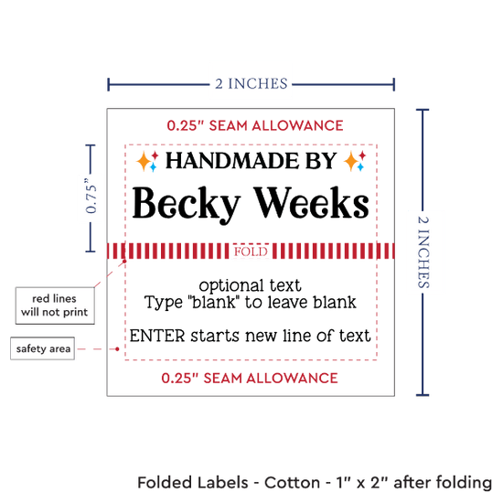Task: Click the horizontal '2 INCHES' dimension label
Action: coord(251,84)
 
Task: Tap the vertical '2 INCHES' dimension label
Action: coord(423,251)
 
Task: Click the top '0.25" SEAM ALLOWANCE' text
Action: coord(255,125)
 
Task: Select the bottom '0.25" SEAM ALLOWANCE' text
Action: coord(250,379)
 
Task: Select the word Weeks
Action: coord(312,202)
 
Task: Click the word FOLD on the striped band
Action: coord(251,251)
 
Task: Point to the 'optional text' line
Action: coord(251,285)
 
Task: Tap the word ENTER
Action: coord(157,336)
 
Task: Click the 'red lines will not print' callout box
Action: coord(55,305)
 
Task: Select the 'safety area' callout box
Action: coord(42,348)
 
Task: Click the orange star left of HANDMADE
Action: coord(143,161)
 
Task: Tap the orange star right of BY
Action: coord(350,161)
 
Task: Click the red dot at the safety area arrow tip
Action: coord(117,349)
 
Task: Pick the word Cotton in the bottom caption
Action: coord(292,483)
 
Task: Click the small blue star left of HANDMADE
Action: coord(153,166)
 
